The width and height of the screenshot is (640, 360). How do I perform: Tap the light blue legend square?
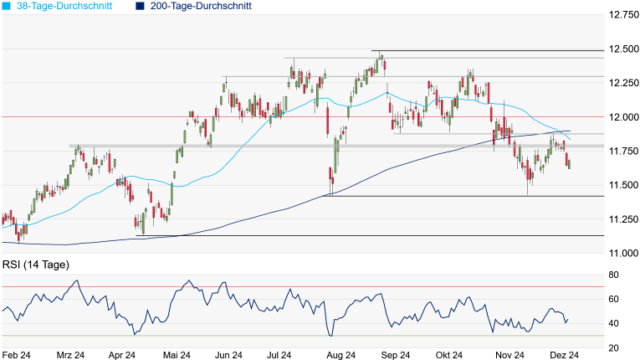pyautogui.click(x=7, y=6)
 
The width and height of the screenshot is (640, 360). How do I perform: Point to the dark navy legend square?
pyautogui.click(x=138, y=6)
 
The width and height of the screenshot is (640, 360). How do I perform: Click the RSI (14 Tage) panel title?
pyautogui.click(x=35, y=265)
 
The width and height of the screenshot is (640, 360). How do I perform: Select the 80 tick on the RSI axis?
pyautogui.click(x=612, y=275)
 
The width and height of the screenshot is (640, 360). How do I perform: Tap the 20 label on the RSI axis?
pyautogui.click(x=612, y=347)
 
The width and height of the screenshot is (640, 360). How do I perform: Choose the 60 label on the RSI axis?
pyautogui.click(x=612, y=299)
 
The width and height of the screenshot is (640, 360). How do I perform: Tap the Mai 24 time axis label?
pyautogui.click(x=177, y=355)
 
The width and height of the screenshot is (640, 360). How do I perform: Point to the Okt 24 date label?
pyautogui.click(x=453, y=355)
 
